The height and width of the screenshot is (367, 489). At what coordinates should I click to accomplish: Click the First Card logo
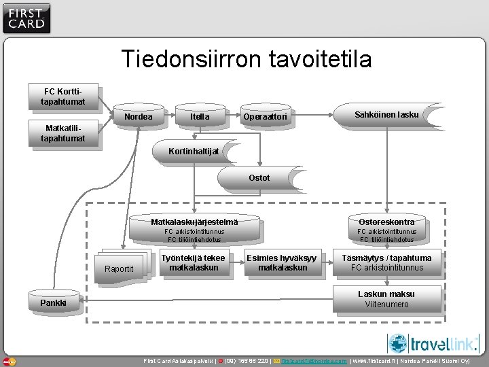(26, 18)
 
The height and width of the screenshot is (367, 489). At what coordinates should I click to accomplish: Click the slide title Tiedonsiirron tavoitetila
(247, 59)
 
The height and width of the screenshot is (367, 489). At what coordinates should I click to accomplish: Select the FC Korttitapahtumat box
(65, 97)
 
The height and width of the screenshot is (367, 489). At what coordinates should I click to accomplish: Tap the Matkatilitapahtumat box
(65, 133)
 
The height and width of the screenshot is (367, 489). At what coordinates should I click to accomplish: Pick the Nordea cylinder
(139, 117)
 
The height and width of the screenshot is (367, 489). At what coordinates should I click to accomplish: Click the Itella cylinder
(200, 117)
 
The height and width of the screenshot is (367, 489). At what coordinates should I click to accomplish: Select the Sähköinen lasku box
(386, 115)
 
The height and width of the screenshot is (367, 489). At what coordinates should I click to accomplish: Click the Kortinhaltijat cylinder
(193, 151)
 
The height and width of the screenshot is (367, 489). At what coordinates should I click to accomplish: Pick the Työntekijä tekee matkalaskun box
(194, 263)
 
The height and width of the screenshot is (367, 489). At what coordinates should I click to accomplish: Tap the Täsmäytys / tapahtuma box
(386, 263)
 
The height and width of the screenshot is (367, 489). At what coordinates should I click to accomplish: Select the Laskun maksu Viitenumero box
(386, 299)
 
